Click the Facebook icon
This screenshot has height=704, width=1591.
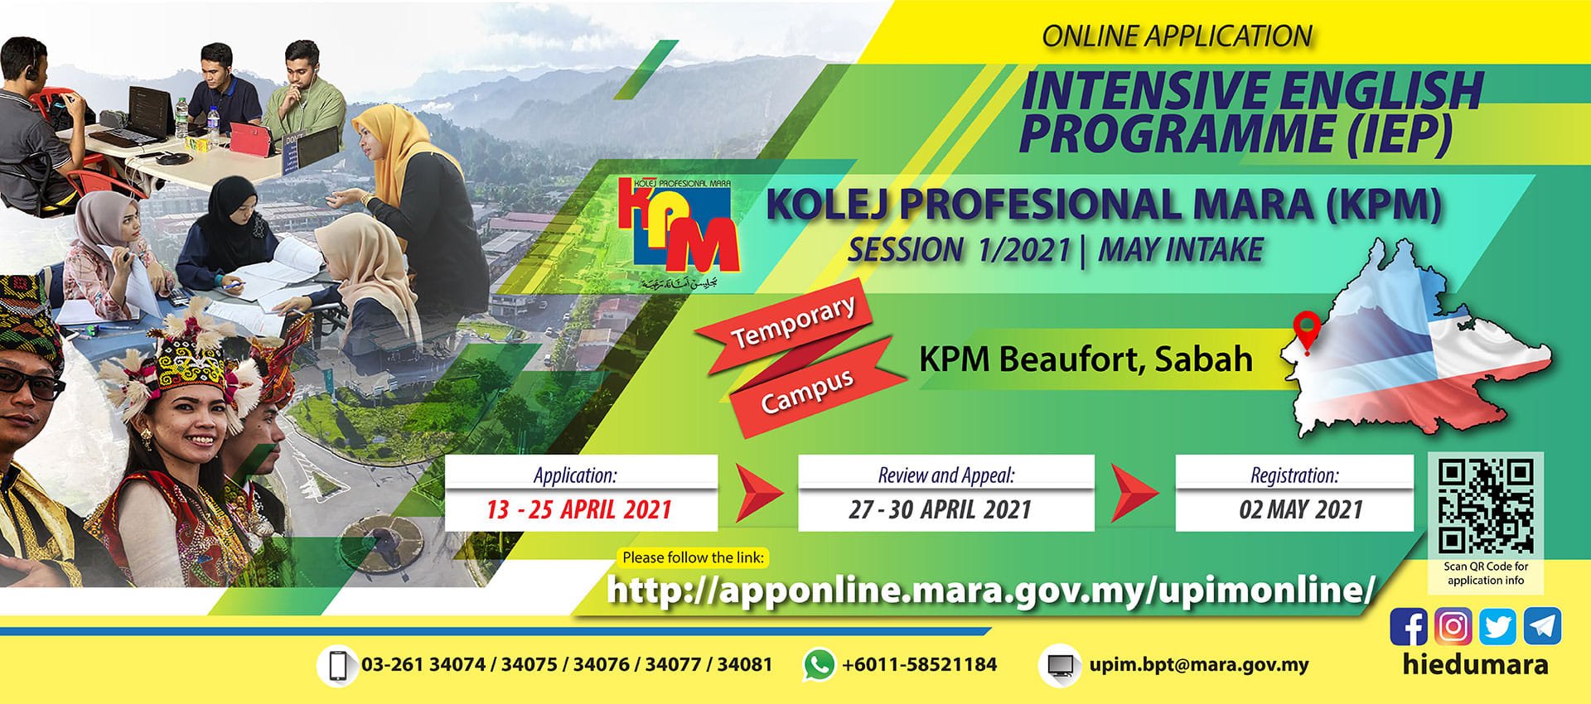tap(1408, 626)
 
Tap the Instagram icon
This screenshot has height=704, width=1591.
tap(1453, 626)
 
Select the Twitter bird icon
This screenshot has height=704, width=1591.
tap(1497, 626)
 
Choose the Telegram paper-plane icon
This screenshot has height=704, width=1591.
tap(1542, 626)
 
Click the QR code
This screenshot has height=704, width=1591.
tap(1485, 506)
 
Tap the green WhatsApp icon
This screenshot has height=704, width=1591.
tap(819, 665)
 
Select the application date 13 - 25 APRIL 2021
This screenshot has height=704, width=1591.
tap(579, 509)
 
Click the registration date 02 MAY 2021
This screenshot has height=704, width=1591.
tap(1300, 509)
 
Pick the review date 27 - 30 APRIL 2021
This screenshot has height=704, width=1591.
tap(940, 509)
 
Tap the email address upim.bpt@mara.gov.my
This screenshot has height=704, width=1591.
tap(1199, 664)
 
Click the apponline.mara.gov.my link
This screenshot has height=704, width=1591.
tap(990, 590)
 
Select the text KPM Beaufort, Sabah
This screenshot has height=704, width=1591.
tap(1086, 359)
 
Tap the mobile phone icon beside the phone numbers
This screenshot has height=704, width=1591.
tap(337, 665)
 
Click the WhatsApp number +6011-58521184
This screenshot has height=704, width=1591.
tap(920, 664)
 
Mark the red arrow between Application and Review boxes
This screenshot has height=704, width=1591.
tap(758, 494)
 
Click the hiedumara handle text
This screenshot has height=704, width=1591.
tap(1475, 664)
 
